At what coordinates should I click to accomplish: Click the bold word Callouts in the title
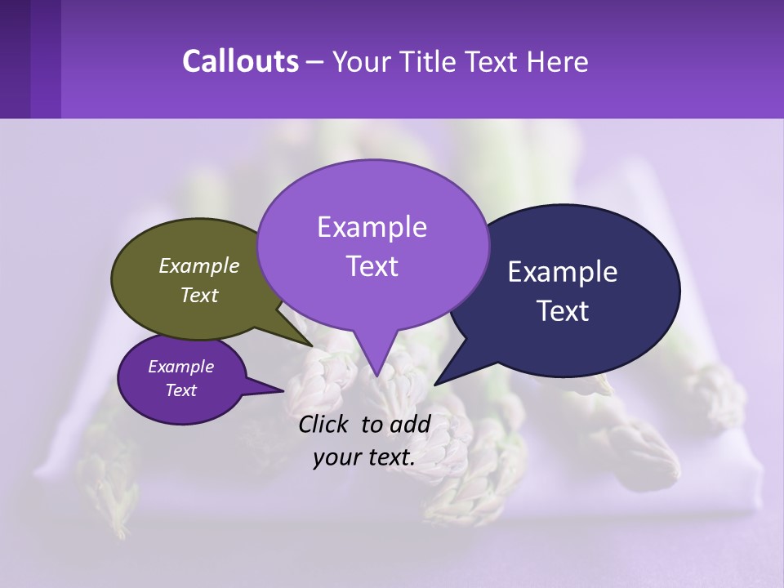click(240, 62)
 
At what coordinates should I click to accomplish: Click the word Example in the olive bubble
click(199, 265)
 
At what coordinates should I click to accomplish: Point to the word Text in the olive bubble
click(199, 295)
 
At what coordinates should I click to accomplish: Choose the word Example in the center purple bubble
click(372, 227)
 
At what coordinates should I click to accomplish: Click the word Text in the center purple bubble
click(372, 266)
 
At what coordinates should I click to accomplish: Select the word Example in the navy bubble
click(563, 272)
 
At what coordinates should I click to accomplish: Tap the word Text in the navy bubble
click(563, 311)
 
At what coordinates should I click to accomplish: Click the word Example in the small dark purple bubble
click(180, 367)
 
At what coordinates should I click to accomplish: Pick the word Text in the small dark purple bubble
click(180, 390)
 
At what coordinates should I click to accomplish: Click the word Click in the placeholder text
click(324, 424)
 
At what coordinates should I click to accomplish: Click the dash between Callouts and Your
click(315, 62)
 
